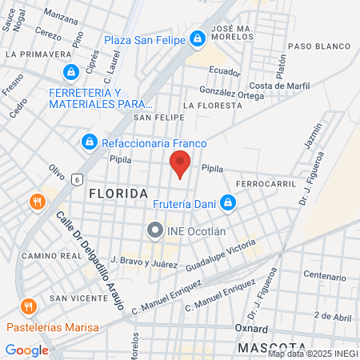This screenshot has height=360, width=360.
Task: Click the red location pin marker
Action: coord(180,166)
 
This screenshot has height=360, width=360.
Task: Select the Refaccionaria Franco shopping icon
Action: coord(90,142)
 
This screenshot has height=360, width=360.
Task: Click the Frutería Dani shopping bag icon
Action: coord(228,203)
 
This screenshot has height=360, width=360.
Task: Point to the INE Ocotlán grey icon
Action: coord(154,231)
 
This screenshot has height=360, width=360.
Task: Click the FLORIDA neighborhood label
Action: coord(118,194)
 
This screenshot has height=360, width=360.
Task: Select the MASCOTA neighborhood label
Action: coord(268,348)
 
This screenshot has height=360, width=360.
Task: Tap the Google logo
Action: coord(26,350)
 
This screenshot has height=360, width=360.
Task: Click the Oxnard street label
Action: coord(251,328)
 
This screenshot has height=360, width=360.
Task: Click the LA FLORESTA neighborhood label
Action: coord(212,105)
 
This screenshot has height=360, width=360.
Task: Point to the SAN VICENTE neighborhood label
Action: coord(78,298)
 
